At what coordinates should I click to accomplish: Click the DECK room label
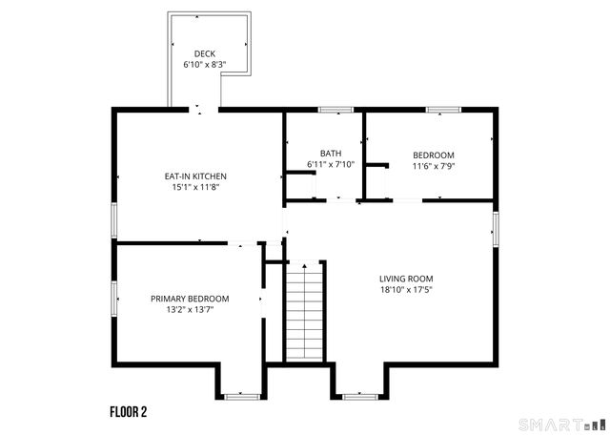205,53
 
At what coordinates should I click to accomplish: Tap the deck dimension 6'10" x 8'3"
205,65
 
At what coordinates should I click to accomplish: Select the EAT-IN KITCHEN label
195,176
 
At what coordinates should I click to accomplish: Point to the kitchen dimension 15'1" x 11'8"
195,188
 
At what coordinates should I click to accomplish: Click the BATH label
331,154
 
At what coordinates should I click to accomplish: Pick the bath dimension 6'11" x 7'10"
331,165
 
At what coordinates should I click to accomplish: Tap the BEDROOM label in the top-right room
433,155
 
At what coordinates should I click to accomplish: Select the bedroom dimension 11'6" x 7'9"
433,167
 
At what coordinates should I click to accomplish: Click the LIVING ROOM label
406,279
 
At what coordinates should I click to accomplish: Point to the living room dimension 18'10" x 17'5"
406,290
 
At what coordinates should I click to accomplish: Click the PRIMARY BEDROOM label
189,299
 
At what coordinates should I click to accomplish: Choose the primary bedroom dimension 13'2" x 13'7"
189,310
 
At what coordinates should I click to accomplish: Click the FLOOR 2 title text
128,412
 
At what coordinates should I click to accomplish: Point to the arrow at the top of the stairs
304,266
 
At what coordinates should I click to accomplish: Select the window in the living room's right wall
495,229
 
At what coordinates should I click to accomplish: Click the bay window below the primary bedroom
242,395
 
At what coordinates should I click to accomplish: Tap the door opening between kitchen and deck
199,111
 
